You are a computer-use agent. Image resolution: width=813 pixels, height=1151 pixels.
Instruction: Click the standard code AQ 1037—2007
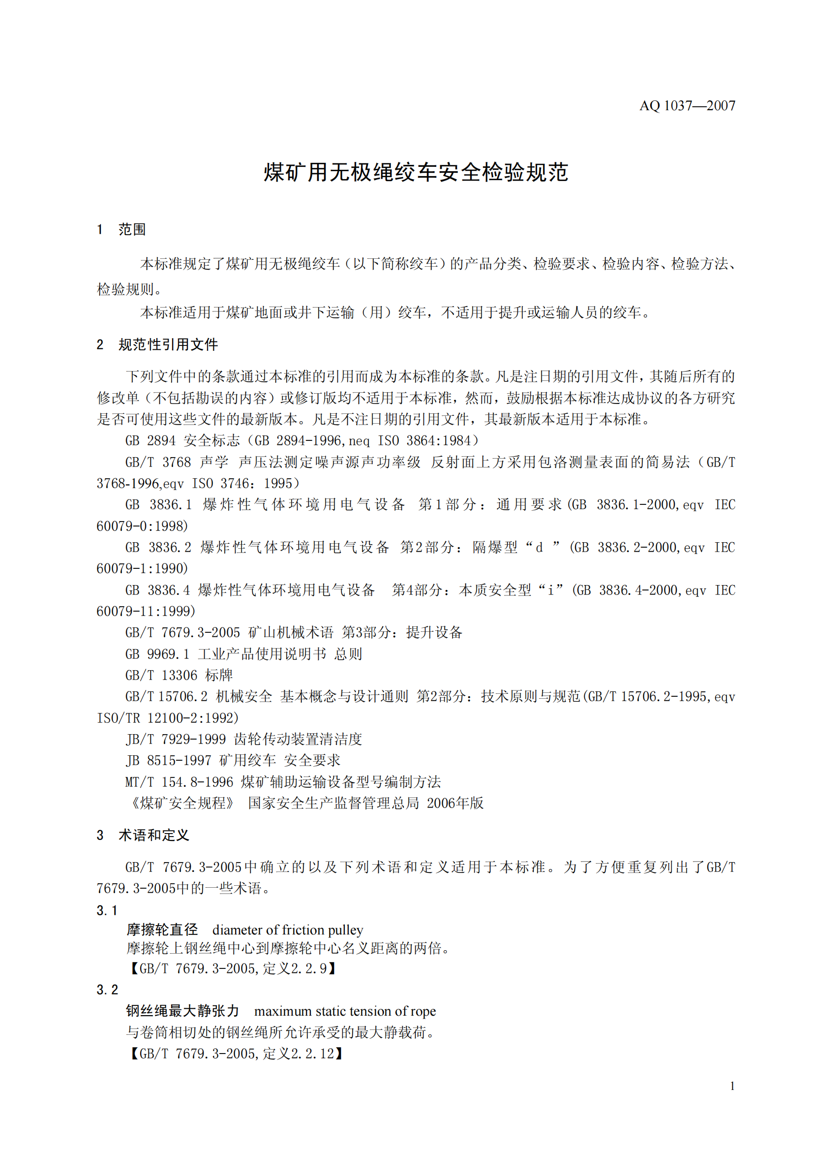pos(687,106)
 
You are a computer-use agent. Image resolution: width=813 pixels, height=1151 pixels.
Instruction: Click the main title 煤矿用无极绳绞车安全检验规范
pos(415,172)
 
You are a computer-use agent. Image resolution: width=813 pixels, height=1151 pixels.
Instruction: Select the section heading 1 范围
pos(121,230)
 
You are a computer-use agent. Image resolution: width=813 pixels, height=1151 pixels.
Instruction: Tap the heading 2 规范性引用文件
pos(157,344)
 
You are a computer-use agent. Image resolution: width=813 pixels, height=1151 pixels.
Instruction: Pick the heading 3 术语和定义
pos(143,835)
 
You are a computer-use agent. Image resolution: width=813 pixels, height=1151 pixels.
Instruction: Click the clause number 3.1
pos(107,910)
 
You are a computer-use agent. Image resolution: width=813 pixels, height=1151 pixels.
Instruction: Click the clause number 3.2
pos(107,989)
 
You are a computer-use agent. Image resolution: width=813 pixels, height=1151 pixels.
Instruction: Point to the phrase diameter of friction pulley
pos(288,930)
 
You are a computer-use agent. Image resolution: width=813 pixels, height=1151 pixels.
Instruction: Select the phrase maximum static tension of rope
pos(345,1011)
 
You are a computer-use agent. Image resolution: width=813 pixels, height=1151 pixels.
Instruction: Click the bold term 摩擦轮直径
pos(162,930)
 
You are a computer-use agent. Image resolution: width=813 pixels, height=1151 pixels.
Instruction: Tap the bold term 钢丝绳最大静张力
pos(183,1011)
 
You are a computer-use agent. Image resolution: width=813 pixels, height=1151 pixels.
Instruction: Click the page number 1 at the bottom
pos(732,1087)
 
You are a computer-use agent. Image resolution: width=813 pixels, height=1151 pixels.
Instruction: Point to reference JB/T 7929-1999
pos(175,739)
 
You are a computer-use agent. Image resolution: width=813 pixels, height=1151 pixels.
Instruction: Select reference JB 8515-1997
pos(168,760)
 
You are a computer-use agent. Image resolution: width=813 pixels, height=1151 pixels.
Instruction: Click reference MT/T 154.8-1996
pos(179,781)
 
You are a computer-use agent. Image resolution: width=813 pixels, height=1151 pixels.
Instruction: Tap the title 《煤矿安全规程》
pos(182,803)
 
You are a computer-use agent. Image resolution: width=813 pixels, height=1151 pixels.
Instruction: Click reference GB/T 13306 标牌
pos(179,675)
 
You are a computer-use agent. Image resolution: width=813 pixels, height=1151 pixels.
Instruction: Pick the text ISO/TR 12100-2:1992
pos(168,718)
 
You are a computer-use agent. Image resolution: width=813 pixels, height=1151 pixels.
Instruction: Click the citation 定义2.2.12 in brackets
pos(298,1053)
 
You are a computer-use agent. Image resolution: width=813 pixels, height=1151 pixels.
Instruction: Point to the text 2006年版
pos(455,803)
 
